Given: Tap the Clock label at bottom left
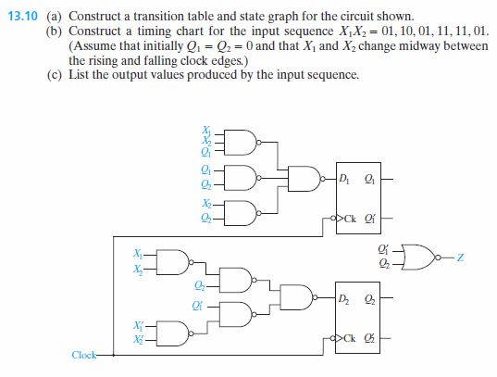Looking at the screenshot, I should tap(84, 355).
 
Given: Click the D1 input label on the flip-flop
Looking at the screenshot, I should tap(345, 178).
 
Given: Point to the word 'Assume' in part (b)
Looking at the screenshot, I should tap(106, 44).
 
